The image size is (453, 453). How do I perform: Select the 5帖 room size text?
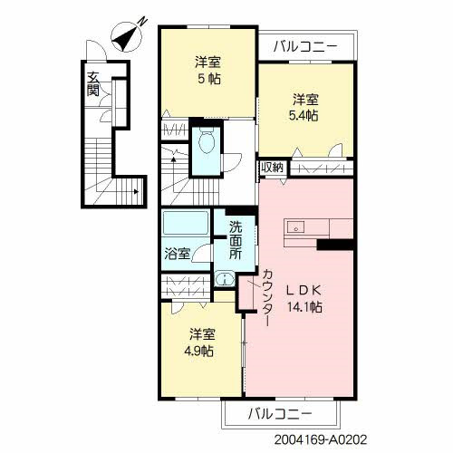pyautogui.click(x=208, y=78)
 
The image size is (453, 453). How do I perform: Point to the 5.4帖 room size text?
pyautogui.click(x=304, y=116)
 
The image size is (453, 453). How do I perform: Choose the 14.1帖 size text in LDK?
pyautogui.click(x=304, y=307)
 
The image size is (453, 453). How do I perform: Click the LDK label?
pyautogui.click(x=304, y=290)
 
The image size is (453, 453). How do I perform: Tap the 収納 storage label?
pyautogui.click(x=272, y=168)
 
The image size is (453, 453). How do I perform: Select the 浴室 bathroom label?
pyautogui.click(x=176, y=254)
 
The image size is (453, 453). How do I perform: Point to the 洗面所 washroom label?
pyautogui.click(x=236, y=241)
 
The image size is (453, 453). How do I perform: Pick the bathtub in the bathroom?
pyautogui.click(x=186, y=224)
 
